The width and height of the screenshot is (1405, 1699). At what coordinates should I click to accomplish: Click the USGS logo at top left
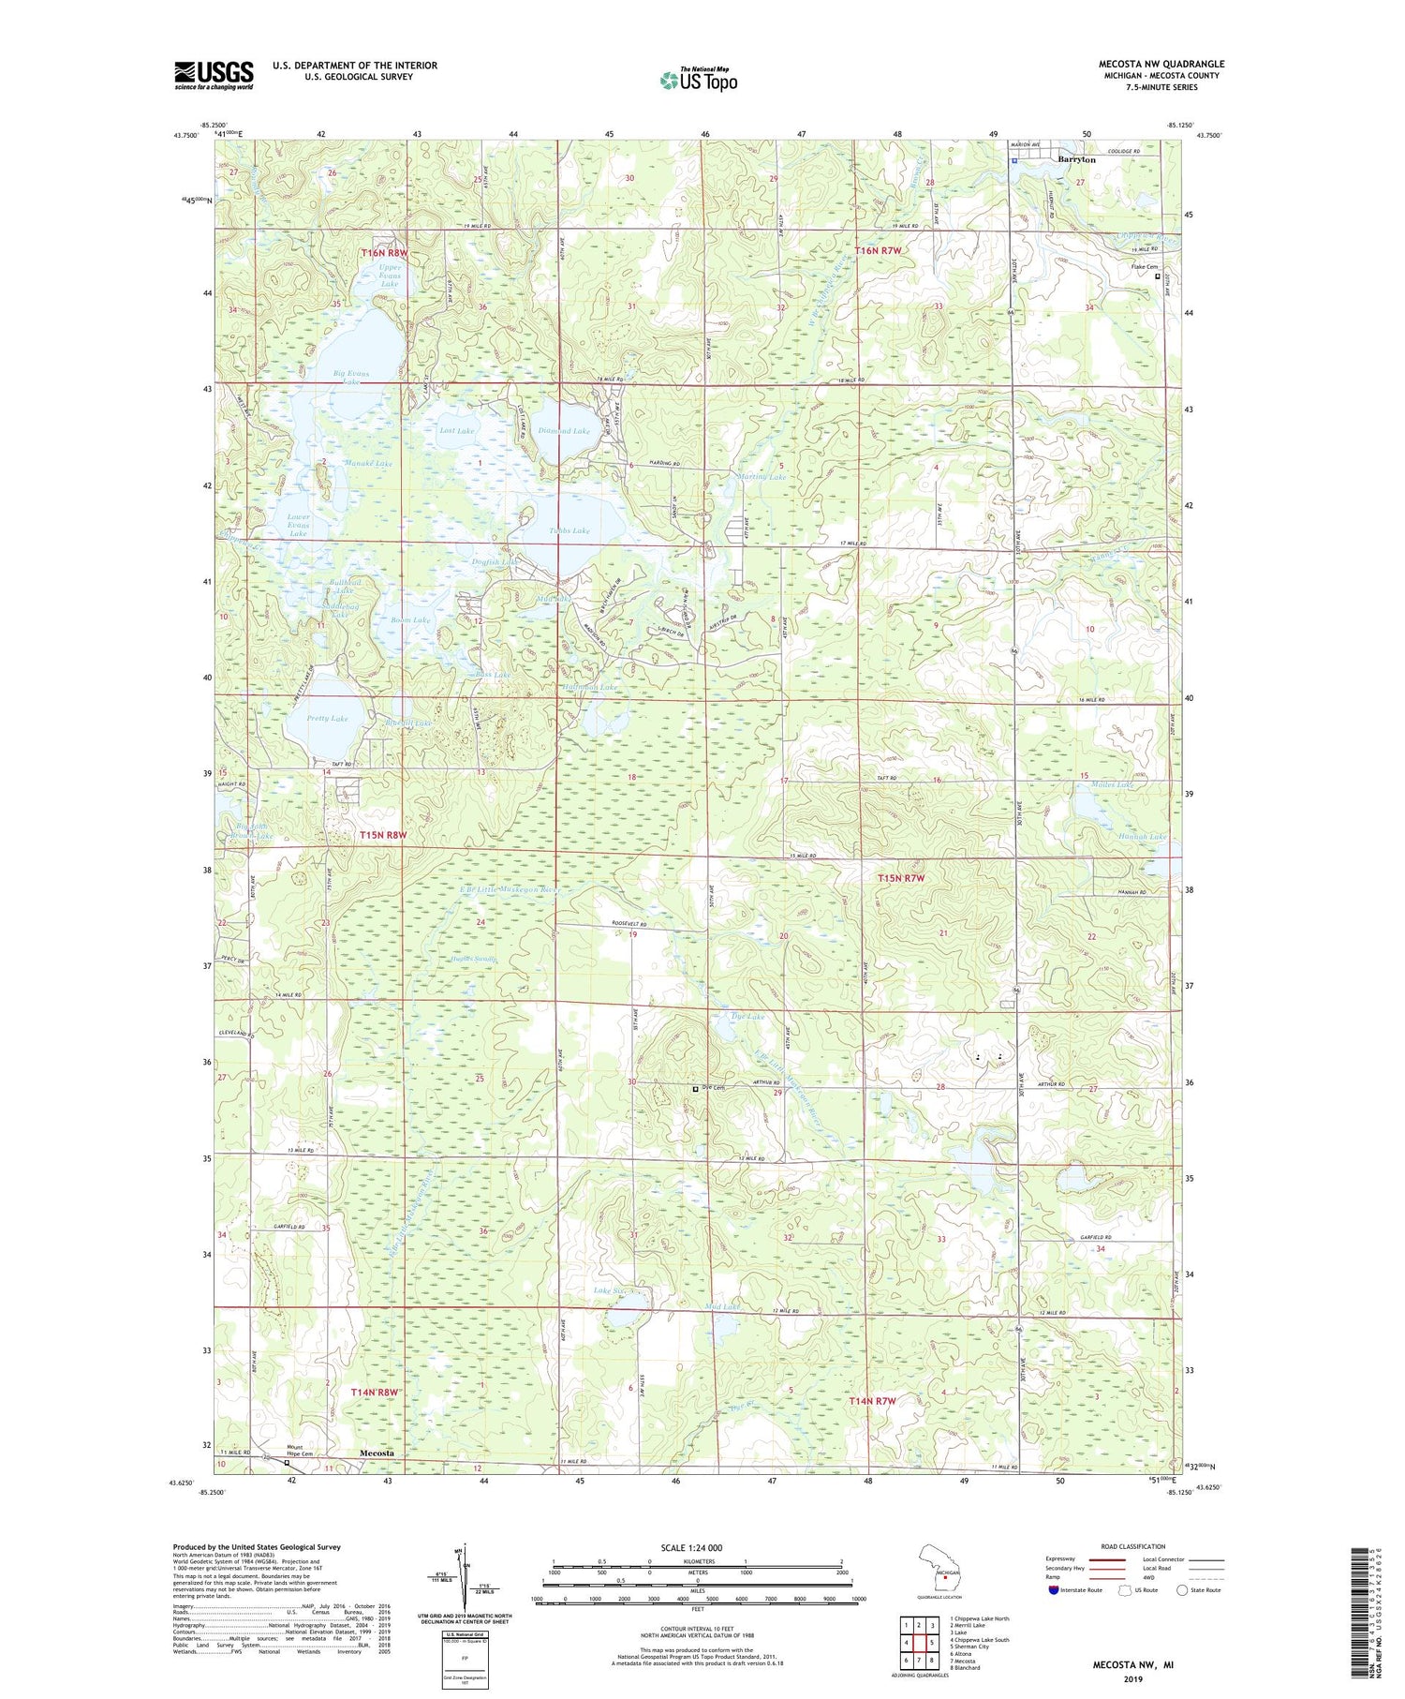pyautogui.click(x=214, y=75)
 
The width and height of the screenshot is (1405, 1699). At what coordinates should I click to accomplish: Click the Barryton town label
pyautogui.click(x=1076, y=160)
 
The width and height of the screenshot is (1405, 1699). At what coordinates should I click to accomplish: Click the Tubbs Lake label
pyautogui.click(x=569, y=531)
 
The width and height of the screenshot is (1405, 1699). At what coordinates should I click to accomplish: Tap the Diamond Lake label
pyautogui.click(x=565, y=431)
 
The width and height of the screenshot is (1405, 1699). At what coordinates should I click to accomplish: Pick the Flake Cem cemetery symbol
pyautogui.click(x=1157, y=277)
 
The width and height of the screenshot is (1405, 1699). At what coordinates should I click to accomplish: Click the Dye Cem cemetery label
pyautogui.click(x=715, y=1088)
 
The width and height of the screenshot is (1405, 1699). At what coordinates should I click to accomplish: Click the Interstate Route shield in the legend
pyautogui.click(x=1054, y=1590)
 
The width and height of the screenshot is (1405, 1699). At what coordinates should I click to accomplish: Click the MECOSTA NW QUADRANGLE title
pyautogui.click(x=1161, y=64)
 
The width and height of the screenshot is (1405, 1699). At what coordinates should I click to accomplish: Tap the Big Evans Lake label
pyautogui.click(x=351, y=378)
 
